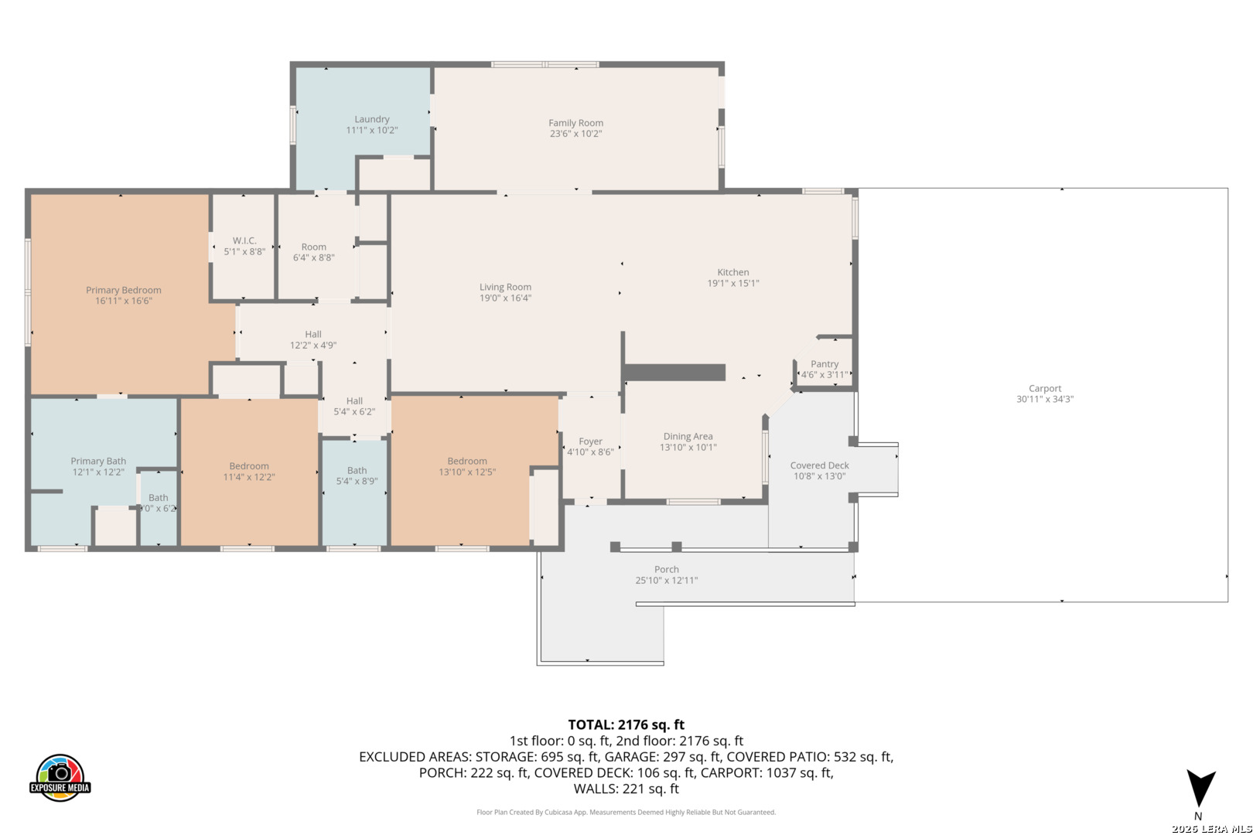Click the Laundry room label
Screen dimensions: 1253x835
click(x=371, y=119)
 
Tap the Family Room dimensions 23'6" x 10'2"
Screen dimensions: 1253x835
click(x=575, y=134)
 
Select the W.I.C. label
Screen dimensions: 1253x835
click(x=244, y=240)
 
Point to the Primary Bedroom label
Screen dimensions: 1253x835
click(x=124, y=290)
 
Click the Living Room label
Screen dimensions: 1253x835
click(x=505, y=287)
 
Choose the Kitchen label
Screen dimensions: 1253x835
click(x=732, y=272)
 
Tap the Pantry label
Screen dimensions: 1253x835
click(x=825, y=364)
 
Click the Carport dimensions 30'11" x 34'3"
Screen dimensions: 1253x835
click(x=1045, y=399)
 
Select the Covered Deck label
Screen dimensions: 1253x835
click(x=820, y=465)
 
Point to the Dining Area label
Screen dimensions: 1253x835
click(x=688, y=436)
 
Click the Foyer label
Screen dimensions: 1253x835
click(x=590, y=441)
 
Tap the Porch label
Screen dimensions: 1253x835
click(x=666, y=569)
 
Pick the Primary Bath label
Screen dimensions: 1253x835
click(x=98, y=461)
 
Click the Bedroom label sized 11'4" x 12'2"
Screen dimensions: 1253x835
click(x=249, y=466)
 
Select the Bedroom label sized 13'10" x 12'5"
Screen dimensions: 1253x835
click(x=467, y=461)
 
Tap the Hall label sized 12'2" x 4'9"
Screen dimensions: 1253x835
click(x=313, y=335)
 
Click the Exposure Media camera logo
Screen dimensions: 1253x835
click(x=60, y=777)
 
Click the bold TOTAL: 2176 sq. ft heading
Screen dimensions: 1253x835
click(x=626, y=724)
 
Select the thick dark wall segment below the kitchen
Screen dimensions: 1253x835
click(x=675, y=373)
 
